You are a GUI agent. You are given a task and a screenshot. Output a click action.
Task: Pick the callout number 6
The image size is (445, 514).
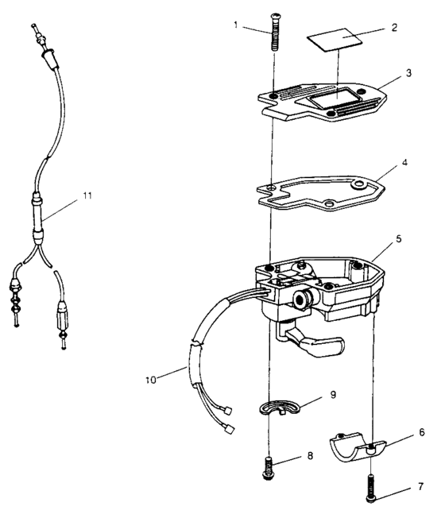point(422,432)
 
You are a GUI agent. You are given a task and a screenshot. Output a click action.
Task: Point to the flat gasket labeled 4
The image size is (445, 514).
point(318,191)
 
